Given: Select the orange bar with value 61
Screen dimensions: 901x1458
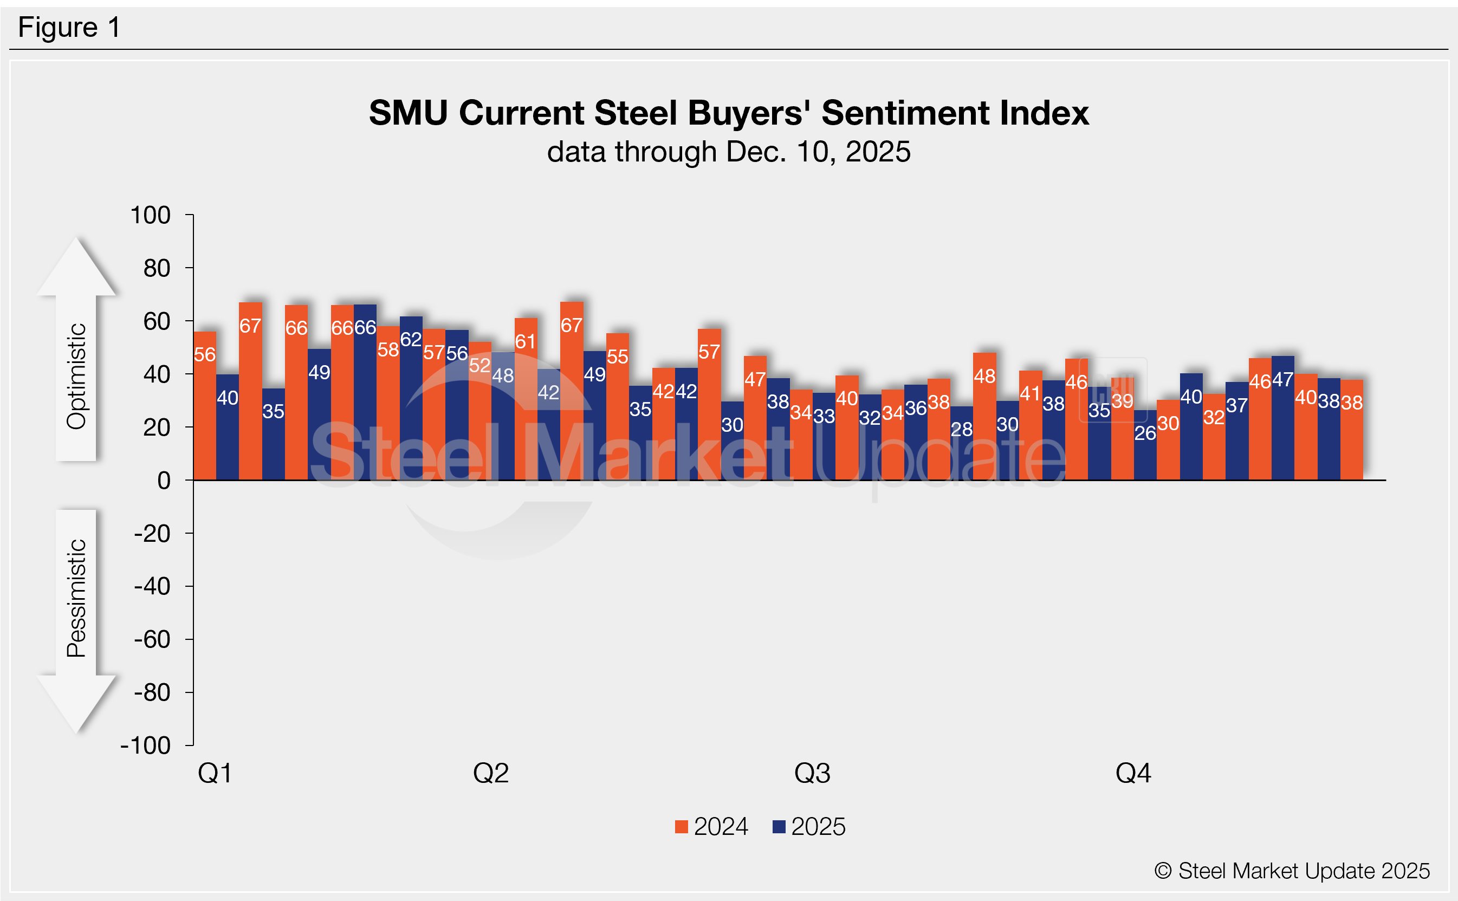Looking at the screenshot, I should [x=526, y=399].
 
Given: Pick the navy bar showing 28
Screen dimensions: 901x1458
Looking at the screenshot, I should [x=961, y=443].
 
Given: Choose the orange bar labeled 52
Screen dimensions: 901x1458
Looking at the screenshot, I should [x=479, y=411].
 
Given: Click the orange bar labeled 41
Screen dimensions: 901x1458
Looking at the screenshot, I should [x=1030, y=425].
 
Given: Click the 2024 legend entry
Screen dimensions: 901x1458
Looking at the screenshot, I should [x=711, y=827].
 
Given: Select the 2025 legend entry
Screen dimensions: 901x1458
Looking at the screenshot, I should [x=808, y=827].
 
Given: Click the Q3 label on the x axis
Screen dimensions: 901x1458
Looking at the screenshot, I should [x=812, y=774].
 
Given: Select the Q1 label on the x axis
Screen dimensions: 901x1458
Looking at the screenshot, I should [x=215, y=774].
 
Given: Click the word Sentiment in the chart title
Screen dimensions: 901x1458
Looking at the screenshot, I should [x=906, y=113].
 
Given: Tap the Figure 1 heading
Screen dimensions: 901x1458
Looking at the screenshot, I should [x=69, y=28].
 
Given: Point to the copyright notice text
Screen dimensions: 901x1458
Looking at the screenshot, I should [x=1292, y=871].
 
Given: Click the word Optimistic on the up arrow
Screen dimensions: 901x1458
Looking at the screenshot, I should [x=77, y=377].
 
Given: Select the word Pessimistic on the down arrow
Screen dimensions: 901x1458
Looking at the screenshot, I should [x=77, y=598].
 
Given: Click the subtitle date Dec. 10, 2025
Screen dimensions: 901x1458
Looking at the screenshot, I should [x=818, y=152].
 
